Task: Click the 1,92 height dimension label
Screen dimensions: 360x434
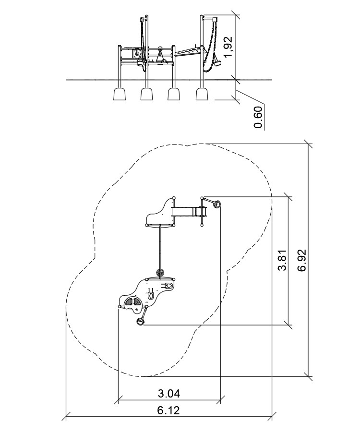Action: click(x=228, y=47)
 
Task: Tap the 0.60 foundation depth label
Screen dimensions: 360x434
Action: click(x=258, y=117)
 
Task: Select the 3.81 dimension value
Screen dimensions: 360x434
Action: click(x=283, y=260)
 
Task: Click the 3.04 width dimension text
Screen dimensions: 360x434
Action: click(x=169, y=393)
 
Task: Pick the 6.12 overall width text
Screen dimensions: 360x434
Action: click(x=168, y=410)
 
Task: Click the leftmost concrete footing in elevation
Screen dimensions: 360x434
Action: click(x=120, y=94)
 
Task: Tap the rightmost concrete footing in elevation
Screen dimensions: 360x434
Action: click(x=202, y=94)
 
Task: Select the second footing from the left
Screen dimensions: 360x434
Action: click(x=147, y=94)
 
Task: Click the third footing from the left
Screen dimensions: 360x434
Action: click(x=174, y=94)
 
